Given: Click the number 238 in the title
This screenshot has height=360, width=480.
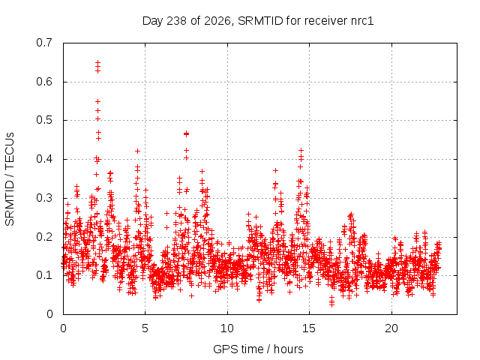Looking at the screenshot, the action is tap(176, 21).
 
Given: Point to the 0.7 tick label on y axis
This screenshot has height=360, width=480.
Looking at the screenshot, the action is tap(44, 43).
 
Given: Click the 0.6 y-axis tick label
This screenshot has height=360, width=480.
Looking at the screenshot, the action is tap(44, 82).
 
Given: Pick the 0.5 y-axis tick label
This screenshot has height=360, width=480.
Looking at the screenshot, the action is tap(44, 120).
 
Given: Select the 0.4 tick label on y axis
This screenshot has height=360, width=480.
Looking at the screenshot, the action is tap(44, 159).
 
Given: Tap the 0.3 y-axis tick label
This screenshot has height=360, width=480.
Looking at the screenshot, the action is tap(44, 198).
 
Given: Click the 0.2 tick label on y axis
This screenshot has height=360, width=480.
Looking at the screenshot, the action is tap(44, 237).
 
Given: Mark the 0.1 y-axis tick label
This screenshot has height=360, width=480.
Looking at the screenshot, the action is tap(44, 275).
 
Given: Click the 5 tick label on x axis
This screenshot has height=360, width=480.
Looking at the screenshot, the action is tap(145, 328).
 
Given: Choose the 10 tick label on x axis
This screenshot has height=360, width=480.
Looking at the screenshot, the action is tap(227, 328).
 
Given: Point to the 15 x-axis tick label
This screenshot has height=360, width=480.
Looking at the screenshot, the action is tap(309, 328).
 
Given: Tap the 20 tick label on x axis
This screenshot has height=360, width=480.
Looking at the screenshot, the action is tap(391, 328).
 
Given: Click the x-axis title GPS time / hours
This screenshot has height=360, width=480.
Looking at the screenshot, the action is tap(258, 349).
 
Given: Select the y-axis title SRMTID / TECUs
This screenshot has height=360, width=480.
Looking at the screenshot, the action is tap(10, 179).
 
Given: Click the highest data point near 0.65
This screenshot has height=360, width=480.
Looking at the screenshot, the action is tap(97, 62).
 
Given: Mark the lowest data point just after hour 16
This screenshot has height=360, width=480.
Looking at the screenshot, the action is tap(331, 304).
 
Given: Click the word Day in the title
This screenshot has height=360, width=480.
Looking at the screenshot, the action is tap(153, 21).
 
